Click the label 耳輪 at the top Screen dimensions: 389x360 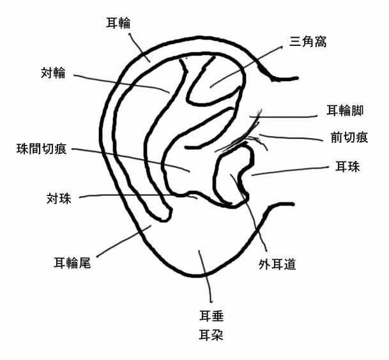point(118,23)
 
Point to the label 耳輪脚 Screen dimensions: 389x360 point(345,110)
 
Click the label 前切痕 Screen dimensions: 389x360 point(350,137)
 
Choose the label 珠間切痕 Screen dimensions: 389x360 point(42,149)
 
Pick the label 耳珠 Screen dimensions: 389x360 point(348,167)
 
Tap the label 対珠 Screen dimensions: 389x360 point(59,198)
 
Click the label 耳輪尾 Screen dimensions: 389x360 point(72,262)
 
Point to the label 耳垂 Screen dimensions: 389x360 point(211,315)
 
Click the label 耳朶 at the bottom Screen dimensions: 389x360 point(211,334)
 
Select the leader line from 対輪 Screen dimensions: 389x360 point(121,81)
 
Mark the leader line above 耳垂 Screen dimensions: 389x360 point(206,274)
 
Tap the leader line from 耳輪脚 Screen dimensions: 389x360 point(287,117)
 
